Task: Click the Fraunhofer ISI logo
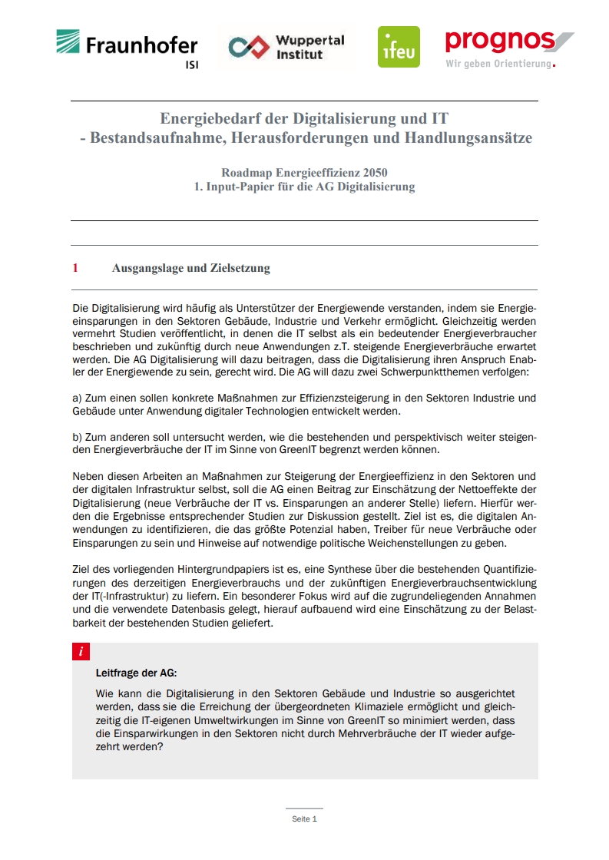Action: [x=127, y=48]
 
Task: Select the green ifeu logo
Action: [x=399, y=47]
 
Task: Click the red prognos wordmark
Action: [x=500, y=40]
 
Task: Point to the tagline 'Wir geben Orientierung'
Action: [x=498, y=64]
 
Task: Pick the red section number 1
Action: [x=75, y=268]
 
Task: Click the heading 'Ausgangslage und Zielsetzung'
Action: [x=190, y=268]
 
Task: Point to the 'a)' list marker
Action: [x=77, y=398]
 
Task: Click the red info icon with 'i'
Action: [x=81, y=652]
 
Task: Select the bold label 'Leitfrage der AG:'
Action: [x=136, y=673]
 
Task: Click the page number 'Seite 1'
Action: [x=304, y=819]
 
